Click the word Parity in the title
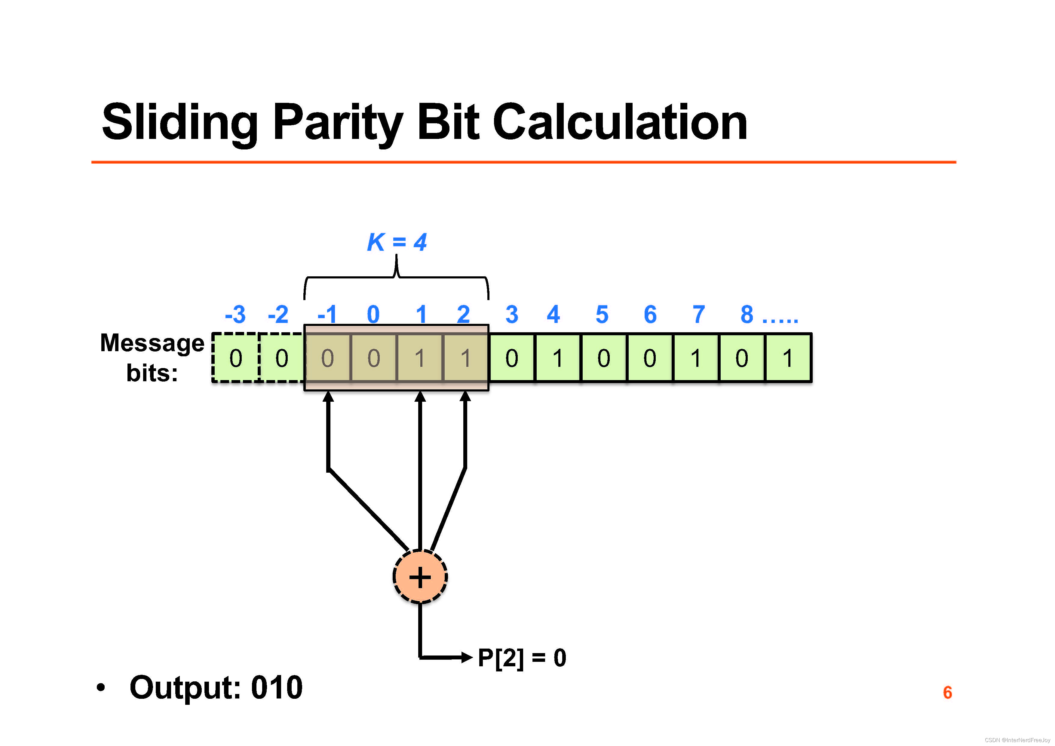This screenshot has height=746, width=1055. [x=338, y=122]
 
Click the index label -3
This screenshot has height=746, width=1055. [x=235, y=315]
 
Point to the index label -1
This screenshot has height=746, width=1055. [x=327, y=315]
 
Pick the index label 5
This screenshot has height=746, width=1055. [x=602, y=315]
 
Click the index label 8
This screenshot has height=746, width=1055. [x=747, y=315]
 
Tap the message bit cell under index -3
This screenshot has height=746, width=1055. [x=236, y=358]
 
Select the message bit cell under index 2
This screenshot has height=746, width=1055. [x=465, y=358]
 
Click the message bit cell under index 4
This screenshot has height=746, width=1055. [x=558, y=358]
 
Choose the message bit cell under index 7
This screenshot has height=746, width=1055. [x=696, y=358]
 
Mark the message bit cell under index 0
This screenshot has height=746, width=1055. [x=374, y=358]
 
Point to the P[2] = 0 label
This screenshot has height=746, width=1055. [x=522, y=657]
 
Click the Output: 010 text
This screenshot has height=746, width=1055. [x=216, y=688]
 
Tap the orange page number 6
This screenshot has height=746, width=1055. [x=947, y=692]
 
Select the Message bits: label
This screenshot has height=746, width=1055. [x=152, y=357]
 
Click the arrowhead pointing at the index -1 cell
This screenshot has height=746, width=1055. [x=328, y=397]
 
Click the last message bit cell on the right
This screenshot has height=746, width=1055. [x=788, y=358]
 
